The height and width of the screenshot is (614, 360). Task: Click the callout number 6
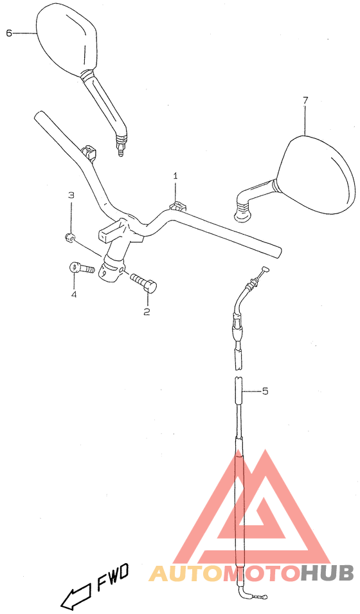(x=9, y=33)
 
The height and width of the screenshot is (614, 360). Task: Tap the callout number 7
(x=305, y=100)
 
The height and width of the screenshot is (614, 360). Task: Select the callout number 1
(x=175, y=176)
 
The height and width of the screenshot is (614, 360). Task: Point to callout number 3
(x=71, y=195)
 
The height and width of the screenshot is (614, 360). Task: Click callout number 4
(x=74, y=294)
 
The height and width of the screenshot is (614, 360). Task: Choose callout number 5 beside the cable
(x=265, y=391)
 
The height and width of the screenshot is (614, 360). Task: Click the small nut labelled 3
(x=69, y=237)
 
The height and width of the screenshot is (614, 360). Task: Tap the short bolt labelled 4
(x=82, y=269)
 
